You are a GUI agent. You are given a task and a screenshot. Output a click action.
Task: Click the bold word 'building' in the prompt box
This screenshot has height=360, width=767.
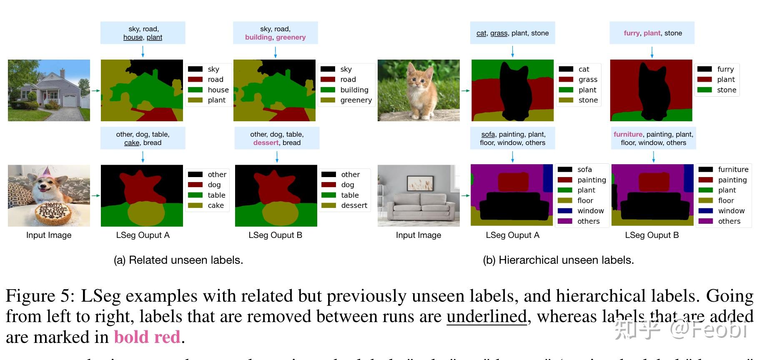[x=258, y=37]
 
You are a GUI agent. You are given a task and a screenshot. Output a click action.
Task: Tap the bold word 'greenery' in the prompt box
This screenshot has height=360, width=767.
[x=291, y=37]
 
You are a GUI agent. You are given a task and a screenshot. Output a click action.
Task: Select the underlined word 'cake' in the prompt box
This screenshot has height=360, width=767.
[x=132, y=143]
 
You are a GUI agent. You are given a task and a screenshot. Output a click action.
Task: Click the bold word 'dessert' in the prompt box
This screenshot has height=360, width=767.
[x=266, y=143]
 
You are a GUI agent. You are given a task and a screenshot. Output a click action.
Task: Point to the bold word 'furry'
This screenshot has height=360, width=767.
[x=632, y=33]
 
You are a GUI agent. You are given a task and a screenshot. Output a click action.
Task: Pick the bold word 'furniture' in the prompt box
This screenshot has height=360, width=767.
[x=628, y=135]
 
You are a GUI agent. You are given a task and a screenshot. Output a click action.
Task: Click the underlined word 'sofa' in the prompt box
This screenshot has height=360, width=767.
[x=488, y=135]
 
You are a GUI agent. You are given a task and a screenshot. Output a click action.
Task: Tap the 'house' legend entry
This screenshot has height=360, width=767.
[x=218, y=90]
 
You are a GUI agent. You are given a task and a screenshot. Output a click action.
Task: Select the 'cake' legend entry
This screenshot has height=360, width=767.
[x=216, y=205]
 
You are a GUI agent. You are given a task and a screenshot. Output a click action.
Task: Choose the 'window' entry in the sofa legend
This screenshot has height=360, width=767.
[x=590, y=211]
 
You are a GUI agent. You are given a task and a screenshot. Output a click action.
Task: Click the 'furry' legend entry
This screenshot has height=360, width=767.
[x=725, y=69]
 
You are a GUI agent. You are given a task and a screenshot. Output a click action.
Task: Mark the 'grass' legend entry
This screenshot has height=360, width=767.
[x=588, y=80]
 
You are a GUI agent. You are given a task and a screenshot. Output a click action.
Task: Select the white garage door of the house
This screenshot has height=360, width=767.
[x=70, y=101]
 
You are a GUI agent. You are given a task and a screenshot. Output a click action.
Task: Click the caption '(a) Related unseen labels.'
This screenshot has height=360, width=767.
[x=178, y=260]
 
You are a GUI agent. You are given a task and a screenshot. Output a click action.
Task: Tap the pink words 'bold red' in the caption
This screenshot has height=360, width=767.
[x=147, y=337]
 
